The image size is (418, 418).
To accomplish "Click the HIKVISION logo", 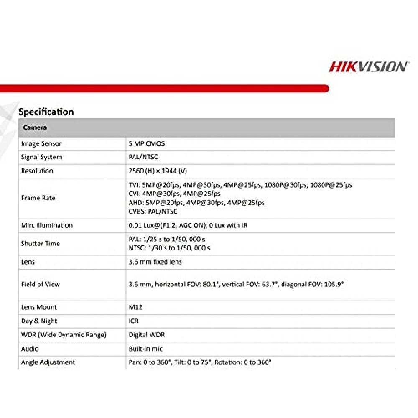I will click(x=368, y=67).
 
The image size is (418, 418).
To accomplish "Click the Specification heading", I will click(x=46, y=112).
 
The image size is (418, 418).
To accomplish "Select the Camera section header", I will click(x=35, y=127).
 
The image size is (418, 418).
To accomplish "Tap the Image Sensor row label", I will click(x=41, y=144).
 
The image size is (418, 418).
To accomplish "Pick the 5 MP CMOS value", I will click(x=147, y=144).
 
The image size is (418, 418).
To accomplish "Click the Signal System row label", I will click(x=41, y=157).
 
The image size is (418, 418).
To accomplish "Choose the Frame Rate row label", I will click(x=38, y=198).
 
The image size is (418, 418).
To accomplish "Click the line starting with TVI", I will click(x=240, y=185).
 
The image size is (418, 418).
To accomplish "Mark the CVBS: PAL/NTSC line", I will click(x=153, y=212).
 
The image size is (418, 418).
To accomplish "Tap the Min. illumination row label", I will click(x=47, y=225).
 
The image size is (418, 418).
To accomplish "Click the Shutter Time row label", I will click(x=40, y=244).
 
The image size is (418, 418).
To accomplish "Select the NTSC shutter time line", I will click(x=169, y=248).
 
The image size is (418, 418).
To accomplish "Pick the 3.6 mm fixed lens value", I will click(x=155, y=262).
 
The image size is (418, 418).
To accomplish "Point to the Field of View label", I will click(x=40, y=285).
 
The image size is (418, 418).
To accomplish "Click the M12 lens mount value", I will click(x=135, y=307).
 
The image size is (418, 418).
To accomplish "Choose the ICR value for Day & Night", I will click(x=133, y=321).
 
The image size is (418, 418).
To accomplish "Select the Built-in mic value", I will click(x=145, y=349).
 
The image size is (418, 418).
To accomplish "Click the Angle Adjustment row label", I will click(x=48, y=362).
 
